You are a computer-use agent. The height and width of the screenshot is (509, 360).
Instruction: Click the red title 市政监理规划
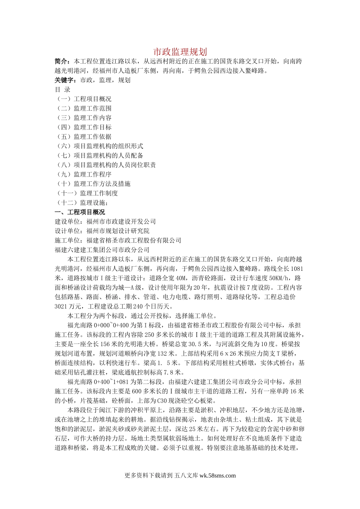pyautogui.click(x=180, y=52)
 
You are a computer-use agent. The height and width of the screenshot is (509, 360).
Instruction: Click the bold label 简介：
pyautogui.click(x=63, y=61)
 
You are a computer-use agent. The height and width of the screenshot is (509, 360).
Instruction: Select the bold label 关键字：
pyautogui.click(x=66, y=80)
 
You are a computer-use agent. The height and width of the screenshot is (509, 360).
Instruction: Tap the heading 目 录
pyautogui.click(x=63, y=90)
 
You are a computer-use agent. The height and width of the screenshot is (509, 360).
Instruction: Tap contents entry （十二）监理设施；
pyautogui.click(x=82, y=203)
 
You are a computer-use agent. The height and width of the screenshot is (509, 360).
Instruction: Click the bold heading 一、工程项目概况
pyautogui.click(x=80, y=212)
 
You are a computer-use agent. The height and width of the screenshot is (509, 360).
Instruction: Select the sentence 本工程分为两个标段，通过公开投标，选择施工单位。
pyautogui.click(x=142, y=316)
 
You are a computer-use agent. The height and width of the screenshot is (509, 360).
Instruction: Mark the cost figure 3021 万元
pyautogui.click(x=71, y=306)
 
